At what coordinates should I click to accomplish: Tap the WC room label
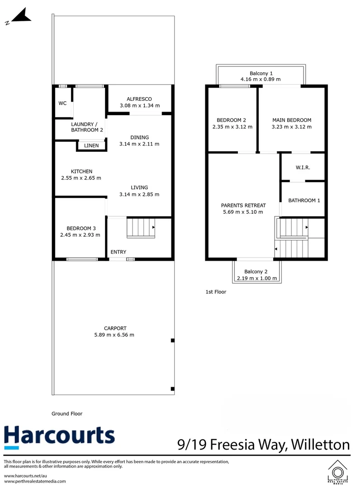(62, 103)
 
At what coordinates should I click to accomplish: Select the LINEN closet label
(92, 145)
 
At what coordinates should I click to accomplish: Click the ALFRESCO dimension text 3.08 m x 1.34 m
(139, 105)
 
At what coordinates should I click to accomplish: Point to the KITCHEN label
(81, 171)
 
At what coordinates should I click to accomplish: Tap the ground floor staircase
(141, 227)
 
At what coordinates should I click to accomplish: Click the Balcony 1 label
(261, 73)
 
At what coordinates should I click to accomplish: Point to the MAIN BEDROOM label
(292, 120)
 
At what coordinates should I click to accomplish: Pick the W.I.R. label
(303, 167)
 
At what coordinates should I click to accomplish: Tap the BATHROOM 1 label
(304, 200)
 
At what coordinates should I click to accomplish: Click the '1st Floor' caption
(216, 292)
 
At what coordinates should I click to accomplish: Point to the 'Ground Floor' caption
(67, 413)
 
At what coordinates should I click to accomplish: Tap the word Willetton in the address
(321, 445)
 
